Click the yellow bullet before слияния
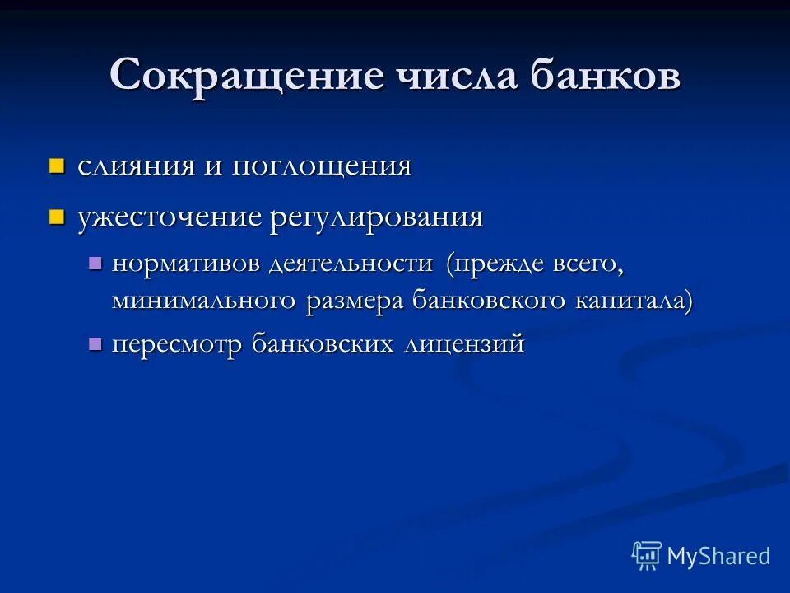pos(56,166)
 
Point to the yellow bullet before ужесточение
pos(56,217)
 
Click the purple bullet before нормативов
pos(95,264)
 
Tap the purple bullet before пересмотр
pos(95,343)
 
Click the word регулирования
pos(376,217)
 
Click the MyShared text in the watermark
pos(718,556)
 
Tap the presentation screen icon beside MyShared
pos(647,555)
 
